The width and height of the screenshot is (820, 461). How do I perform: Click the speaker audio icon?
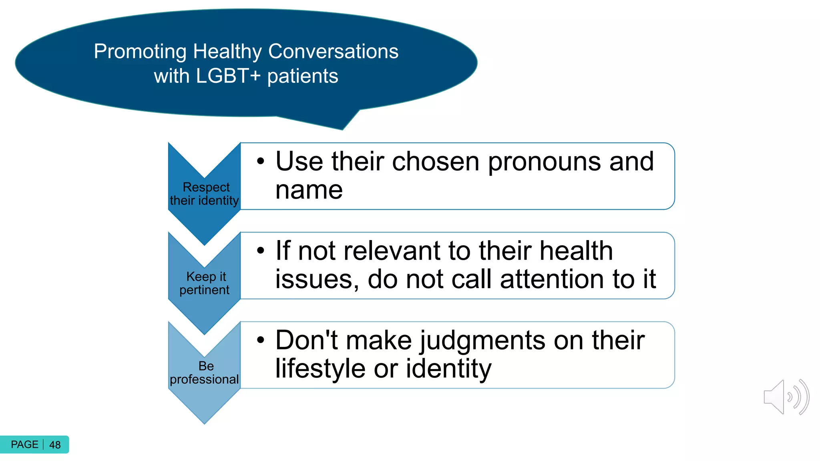click(x=786, y=397)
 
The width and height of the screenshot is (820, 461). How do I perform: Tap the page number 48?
click(x=55, y=445)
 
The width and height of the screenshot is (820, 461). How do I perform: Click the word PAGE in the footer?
click(x=24, y=445)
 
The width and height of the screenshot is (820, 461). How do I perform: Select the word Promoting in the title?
click(x=140, y=52)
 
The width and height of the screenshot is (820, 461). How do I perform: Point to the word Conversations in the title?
click(x=333, y=52)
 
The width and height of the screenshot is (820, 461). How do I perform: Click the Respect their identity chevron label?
click(x=205, y=194)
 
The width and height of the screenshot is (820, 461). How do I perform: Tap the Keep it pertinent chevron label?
click(x=205, y=283)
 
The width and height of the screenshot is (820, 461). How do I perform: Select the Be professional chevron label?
click(x=205, y=373)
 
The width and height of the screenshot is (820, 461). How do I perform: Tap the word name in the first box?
click(x=309, y=190)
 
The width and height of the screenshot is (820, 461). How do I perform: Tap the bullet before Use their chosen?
click(x=261, y=161)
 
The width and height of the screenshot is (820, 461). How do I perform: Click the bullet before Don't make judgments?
click(x=261, y=340)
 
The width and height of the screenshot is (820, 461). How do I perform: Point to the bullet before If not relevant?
click(x=261, y=251)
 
